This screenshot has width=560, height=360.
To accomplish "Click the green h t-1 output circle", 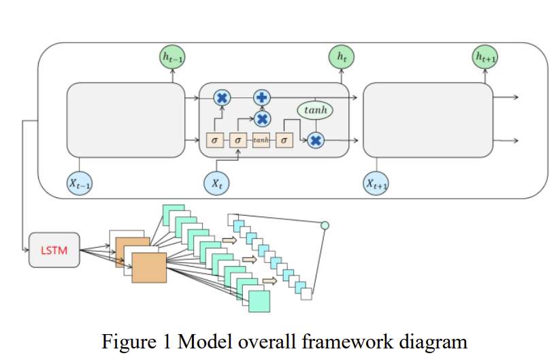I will click(x=172, y=59).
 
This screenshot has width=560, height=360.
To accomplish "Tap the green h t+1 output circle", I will click(x=484, y=58).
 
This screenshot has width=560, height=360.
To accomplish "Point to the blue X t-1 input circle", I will click(x=80, y=182).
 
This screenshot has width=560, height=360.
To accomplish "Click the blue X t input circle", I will click(x=217, y=182).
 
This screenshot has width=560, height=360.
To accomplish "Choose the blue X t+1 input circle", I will click(x=376, y=183).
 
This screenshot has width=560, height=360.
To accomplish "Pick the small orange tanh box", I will click(x=261, y=140).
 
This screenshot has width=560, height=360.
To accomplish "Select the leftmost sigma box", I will click(x=214, y=140).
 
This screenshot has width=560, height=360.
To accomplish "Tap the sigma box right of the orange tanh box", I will click(x=285, y=140).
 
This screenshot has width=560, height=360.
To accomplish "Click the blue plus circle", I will click(x=262, y=97).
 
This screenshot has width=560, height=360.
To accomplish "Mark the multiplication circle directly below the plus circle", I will click(x=262, y=118).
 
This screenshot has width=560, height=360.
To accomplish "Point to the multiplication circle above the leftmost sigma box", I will click(x=221, y=98).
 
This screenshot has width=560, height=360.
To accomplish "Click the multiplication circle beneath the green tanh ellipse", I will click(x=315, y=140).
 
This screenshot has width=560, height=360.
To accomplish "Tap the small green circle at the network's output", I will click(x=325, y=225).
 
